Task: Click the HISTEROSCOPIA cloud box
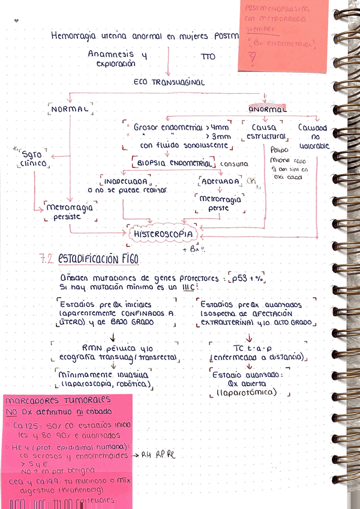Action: pos(163,233)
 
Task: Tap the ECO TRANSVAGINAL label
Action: pos(169,82)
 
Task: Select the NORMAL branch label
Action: pos(70,110)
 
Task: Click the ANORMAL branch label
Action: pos(268,109)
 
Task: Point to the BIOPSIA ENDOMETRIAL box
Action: pos(173,163)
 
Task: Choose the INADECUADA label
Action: pos(125,180)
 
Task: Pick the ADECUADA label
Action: pos(220,181)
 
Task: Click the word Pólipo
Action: pos(279,150)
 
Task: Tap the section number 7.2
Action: pos(47,260)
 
